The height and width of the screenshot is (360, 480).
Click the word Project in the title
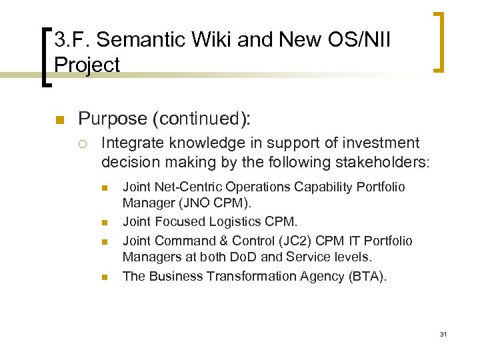[x=87, y=65]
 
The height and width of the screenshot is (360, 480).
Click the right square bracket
[x=439, y=41]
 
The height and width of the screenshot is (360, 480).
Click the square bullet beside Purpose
[x=58, y=120]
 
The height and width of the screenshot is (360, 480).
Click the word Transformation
[x=238, y=276]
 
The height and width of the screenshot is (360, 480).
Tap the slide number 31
[x=443, y=334]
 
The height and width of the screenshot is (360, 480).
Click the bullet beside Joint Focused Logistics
[x=104, y=223]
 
